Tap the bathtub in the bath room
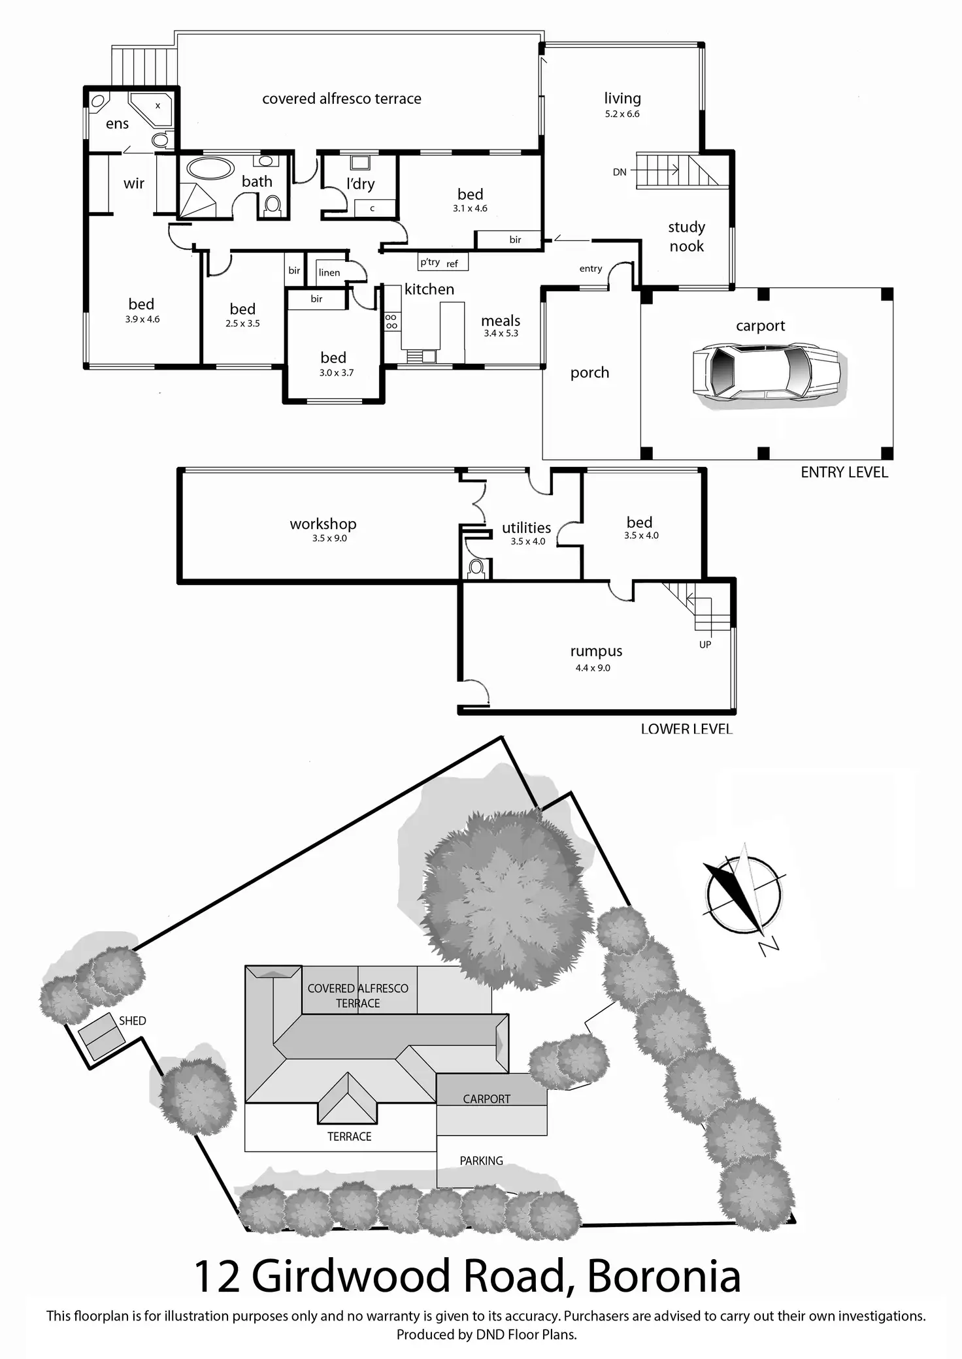point(209,168)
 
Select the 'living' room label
point(622,99)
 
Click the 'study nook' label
point(686,236)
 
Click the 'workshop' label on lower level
point(323,524)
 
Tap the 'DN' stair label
point(620,172)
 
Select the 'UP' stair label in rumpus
point(705,645)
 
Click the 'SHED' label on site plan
point(133,1021)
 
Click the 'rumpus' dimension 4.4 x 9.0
point(593,668)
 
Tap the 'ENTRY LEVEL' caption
point(844,473)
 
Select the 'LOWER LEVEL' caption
point(686,729)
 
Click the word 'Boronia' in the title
point(663,1276)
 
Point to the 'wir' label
point(134,184)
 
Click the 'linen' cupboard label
point(329,273)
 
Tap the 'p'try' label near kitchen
point(430,262)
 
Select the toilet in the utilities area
point(476,568)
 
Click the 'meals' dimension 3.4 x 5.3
point(501,334)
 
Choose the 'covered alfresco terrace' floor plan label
point(342,99)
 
